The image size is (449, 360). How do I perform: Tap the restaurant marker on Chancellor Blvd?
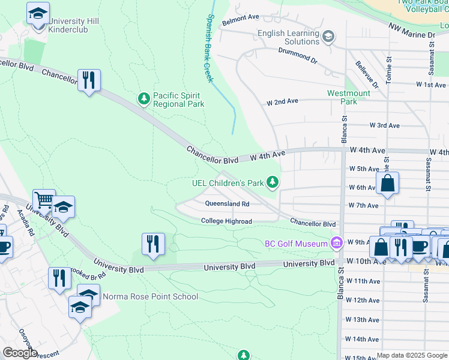89,80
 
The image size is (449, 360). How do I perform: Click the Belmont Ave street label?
240,19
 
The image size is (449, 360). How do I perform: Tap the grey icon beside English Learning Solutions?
328,38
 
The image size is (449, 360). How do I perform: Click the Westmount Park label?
349,97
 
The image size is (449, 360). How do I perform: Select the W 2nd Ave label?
282,102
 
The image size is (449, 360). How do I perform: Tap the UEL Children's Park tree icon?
273,182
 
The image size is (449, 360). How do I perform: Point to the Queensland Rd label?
227,204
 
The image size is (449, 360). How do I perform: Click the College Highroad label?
226,221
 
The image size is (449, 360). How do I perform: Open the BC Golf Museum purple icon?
336,243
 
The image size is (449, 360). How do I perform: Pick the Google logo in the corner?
20,353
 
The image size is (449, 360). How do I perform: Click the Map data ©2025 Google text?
412,355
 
